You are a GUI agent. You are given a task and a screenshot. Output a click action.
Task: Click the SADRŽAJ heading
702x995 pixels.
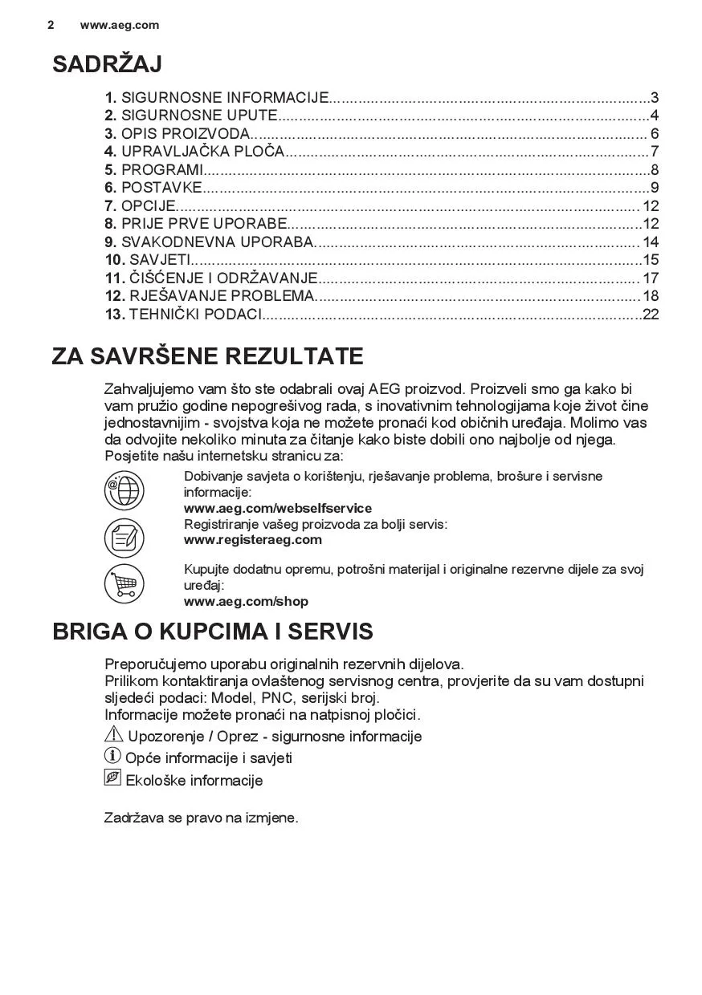[107, 64]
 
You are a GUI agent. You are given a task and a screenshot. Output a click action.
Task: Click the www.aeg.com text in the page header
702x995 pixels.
[120, 25]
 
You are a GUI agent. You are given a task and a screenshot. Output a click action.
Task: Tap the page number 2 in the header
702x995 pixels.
[51, 25]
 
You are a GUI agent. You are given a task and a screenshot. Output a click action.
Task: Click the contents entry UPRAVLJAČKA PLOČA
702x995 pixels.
[203, 152]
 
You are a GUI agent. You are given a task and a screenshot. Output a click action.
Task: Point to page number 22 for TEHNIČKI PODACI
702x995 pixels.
[651, 314]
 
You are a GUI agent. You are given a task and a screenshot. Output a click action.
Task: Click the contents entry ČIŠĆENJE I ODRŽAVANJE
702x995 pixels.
[224, 278]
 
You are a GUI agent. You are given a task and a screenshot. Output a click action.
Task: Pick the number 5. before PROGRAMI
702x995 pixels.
[111, 169]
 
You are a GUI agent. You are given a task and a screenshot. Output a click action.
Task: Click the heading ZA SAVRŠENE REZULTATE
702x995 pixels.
[207, 356]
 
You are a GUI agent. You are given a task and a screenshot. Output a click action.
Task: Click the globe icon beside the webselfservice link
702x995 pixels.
[124, 491]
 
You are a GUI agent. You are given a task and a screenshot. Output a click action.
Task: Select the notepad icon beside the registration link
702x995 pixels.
[124, 537]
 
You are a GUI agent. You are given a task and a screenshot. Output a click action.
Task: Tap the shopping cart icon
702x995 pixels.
[124, 584]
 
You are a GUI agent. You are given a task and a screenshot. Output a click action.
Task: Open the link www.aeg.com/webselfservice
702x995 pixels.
[278, 508]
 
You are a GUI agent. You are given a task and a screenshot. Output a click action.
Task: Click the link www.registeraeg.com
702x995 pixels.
[253, 539]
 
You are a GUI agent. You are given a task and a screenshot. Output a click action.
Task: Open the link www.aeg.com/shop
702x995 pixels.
[246, 601]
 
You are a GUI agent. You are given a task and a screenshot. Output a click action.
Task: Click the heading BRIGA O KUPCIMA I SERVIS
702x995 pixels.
[212, 632]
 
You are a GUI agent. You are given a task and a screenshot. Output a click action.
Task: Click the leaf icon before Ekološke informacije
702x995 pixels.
[112, 778]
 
